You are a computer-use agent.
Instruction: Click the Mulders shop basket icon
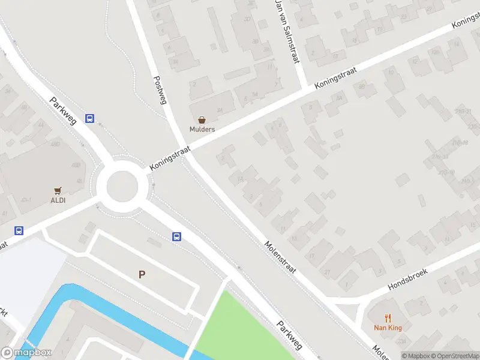[202, 120]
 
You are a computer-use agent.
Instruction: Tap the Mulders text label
[202, 129]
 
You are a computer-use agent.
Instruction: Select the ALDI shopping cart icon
[58, 191]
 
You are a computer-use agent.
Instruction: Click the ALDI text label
[58, 200]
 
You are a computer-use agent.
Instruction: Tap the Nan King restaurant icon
[388, 319]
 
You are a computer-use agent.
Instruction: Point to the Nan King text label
[388, 328]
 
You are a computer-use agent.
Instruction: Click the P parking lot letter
[142, 275]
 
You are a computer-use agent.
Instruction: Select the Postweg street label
[159, 90]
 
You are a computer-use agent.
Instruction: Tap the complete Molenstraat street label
[281, 258]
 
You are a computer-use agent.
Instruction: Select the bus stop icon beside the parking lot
[177, 237]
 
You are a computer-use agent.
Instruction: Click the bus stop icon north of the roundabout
[89, 118]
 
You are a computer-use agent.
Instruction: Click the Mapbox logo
[26, 353]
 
